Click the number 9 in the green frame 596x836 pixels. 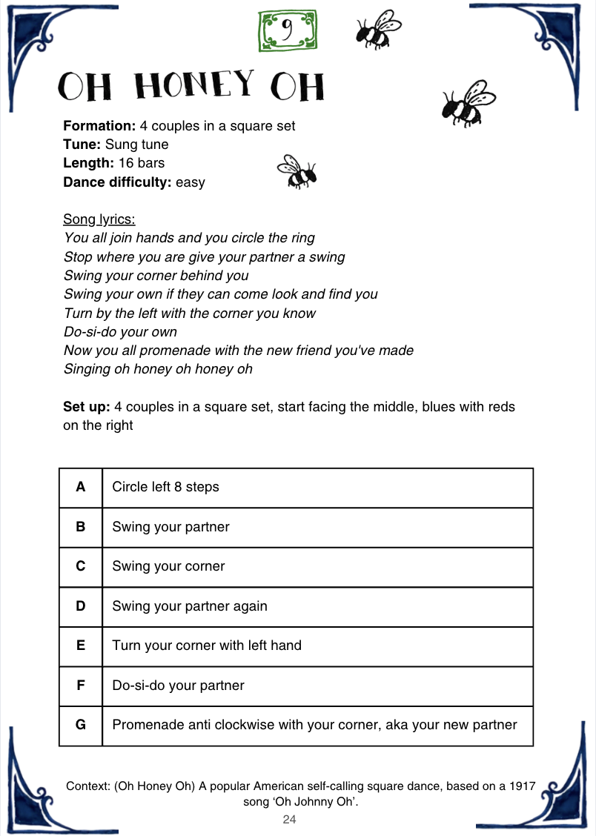[x=287, y=30]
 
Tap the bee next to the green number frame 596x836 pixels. [x=378, y=29]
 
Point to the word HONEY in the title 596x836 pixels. [x=194, y=87]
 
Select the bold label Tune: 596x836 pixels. [x=82, y=145]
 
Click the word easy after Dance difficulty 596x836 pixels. [x=191, y=182]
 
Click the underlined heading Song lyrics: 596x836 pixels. [x=99, y=219]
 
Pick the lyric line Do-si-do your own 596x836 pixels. [x=120, y=332]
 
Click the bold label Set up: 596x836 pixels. [x=87, y=407]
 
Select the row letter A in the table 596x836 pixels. [x=81, y=487]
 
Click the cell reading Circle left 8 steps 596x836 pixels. [x=165, y=487]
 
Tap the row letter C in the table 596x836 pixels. [x=81, y=566]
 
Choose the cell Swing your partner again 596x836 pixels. [x=190, y=606]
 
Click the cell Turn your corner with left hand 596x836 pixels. [x=207, y=646]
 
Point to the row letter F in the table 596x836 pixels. [x=81, y=686]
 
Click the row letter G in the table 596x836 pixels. [x=81, y=725]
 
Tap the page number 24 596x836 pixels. [x=290, y=820]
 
